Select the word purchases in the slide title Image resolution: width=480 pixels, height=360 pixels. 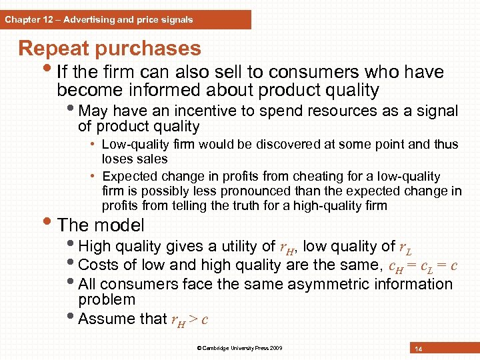(148, 48)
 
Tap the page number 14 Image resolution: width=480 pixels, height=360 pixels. (418, 349)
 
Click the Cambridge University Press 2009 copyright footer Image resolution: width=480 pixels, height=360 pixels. (239, 348)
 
